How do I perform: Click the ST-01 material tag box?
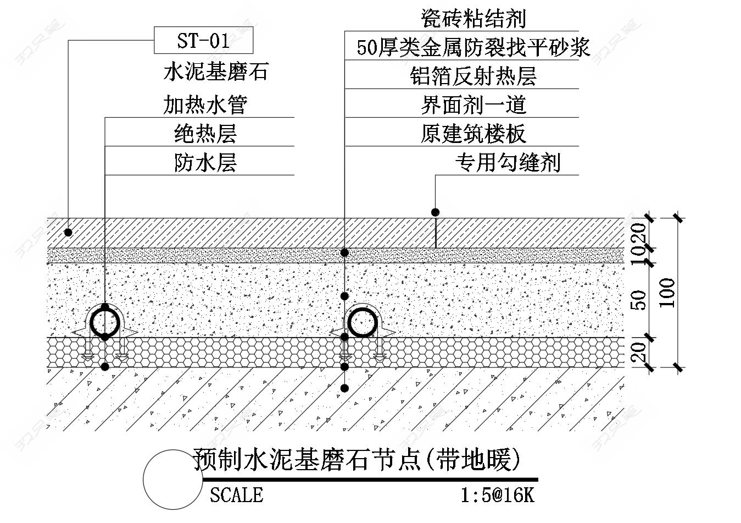203,41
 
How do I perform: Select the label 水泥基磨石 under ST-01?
216,72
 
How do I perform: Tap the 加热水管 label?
205,104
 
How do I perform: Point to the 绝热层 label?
205,133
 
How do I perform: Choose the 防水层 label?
205,162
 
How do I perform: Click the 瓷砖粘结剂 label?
473,19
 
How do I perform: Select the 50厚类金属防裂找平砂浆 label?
473,47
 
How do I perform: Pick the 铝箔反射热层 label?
473,76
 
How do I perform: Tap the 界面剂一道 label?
473,104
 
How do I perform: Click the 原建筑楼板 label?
473,134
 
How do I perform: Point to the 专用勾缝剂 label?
507,162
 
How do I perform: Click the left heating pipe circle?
105,322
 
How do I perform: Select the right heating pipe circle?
363,322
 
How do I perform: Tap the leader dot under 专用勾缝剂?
435,212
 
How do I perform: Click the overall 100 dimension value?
667,293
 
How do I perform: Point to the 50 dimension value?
639,300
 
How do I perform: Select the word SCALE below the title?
236,495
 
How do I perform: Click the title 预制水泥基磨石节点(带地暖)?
356,460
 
